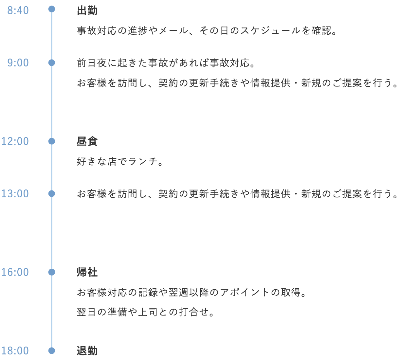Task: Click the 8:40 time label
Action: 18,10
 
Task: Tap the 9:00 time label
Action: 18,63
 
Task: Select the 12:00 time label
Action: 15,141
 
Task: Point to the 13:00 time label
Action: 15,194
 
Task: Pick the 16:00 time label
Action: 15,272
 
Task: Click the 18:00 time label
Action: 15,351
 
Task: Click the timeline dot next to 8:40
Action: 51,9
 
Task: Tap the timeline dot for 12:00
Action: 51,141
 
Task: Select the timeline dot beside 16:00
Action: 51,272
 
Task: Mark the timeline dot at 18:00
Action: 51,351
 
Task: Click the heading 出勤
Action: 87,10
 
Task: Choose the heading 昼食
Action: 87,141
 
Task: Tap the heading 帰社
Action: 87,272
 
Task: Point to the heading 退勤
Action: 87,351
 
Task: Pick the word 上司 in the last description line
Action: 148,312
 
